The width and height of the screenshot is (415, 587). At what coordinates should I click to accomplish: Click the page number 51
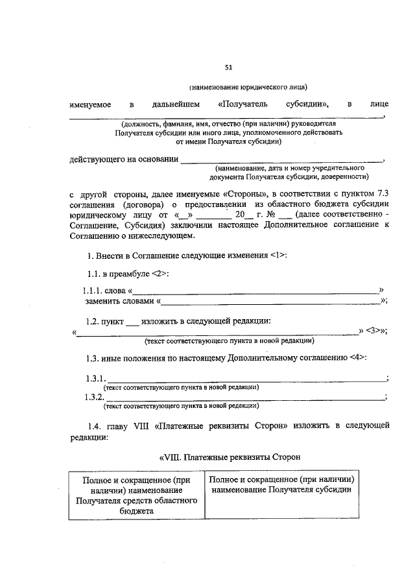(228, 67)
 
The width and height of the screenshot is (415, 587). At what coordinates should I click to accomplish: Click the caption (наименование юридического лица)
(248, 87)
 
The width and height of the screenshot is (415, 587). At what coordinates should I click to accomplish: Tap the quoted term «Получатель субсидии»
(274, 104)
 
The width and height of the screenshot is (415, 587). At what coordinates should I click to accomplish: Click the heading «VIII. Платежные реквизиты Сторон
(230, 457)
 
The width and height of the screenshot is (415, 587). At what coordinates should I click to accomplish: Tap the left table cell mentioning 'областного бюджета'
(136, 495)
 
